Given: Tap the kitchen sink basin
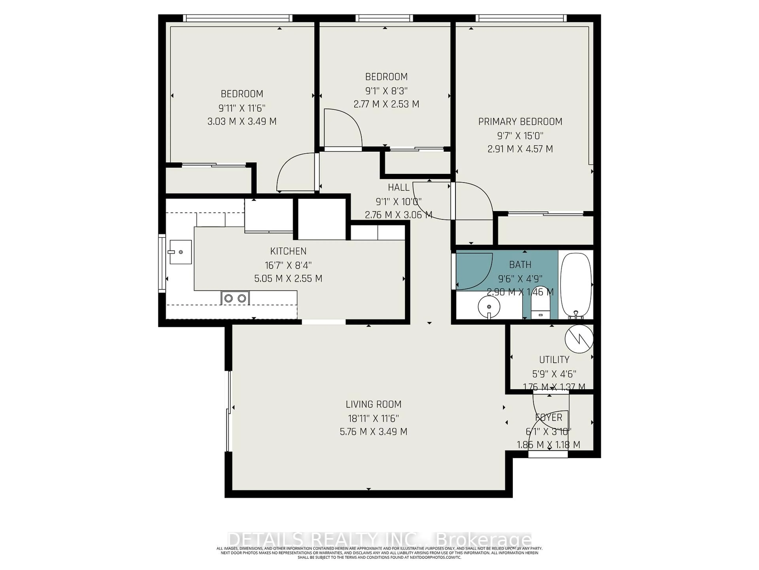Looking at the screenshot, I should coord(180,252).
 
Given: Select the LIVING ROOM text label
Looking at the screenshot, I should coord(373,404).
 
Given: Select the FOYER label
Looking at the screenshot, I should coord(549,417).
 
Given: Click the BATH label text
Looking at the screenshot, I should coord(520,265).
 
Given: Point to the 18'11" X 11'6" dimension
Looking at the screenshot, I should coord(373,418).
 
